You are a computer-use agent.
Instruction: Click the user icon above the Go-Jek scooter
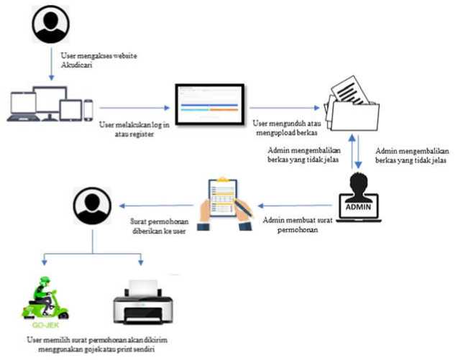[x=93, y=207]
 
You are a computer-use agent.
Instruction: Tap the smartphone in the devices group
[x=88, y=109]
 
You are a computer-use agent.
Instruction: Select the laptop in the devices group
[x=23, y=108]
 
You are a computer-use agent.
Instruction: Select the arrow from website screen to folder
[x=280, y=108]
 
